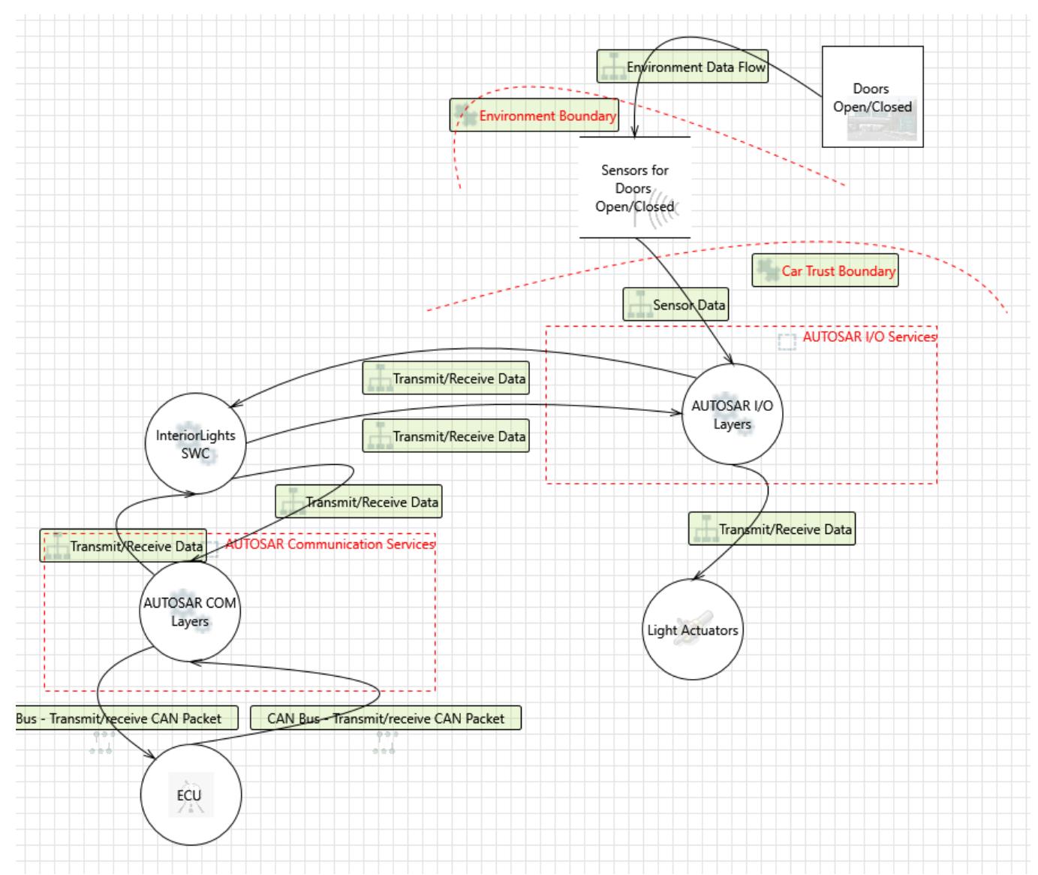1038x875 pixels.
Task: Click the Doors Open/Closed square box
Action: tap(872, 97)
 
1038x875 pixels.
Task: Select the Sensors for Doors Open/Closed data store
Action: tap(634, 188)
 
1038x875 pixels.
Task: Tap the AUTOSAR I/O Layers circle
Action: tap(732, 415)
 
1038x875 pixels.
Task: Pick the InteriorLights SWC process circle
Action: tap(195, 444)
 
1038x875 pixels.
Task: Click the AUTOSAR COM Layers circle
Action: tap(190, 611)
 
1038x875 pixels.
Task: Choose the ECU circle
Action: tap(191, 795)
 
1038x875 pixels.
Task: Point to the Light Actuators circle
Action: tap(693, 630)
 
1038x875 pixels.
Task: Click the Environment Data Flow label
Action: tap(682, 67)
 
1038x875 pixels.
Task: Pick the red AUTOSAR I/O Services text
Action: tap(869, 336)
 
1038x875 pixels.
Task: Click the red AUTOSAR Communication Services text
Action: tap(329, 544)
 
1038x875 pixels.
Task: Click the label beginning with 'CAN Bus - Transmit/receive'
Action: tap(385, 718)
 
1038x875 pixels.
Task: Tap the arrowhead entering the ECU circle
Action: tap(151, 759)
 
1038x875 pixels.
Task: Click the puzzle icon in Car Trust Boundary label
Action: tap(766, 270)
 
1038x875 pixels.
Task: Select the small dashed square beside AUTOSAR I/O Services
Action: tap(787, 342)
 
